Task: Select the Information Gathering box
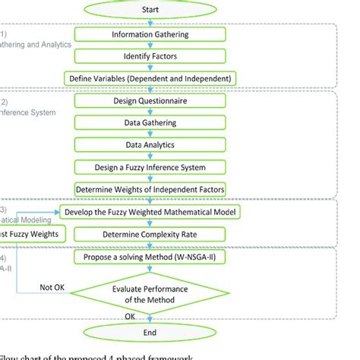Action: click(152, 35)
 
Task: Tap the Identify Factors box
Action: click(152, 56)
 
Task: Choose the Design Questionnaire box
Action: click(152, 100)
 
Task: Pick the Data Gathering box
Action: click(152, 122)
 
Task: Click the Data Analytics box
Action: click(152, 144)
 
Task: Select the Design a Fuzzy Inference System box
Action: click(152, 166)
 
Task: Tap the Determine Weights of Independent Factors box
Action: click(152, 188)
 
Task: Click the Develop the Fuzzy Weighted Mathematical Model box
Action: click(152, 212)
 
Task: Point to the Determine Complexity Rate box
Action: click(152, 234)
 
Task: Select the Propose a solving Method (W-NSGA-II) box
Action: click(152, 258)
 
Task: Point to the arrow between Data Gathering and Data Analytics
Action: click(152, 133)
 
